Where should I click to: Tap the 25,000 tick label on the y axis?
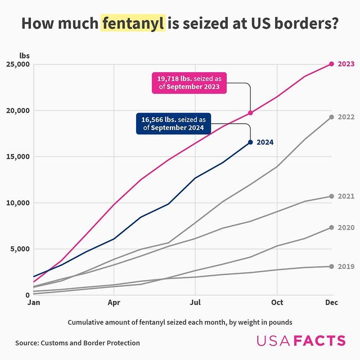point(18,64)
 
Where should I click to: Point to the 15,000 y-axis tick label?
point(18,156)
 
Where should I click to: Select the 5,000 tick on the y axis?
point(20,249)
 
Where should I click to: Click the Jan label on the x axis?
point(33,303)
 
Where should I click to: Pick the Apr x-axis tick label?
point(114,303)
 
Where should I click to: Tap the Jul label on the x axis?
point(195,303)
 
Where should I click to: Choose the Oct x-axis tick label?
point(276,303)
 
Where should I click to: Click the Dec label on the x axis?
point(331,303)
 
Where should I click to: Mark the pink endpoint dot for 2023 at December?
point(331,64)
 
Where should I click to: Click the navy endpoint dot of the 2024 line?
point(250,142)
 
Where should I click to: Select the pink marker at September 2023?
point(250,113)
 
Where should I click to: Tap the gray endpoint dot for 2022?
point(331,117)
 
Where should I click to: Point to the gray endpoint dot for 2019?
point(331,266)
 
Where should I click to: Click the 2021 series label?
point(345,196)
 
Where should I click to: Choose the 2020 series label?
point(345,228)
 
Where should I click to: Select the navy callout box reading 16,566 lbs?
point(173,124)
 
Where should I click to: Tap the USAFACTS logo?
point(301,340)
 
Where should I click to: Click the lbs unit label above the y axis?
point(24,56)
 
